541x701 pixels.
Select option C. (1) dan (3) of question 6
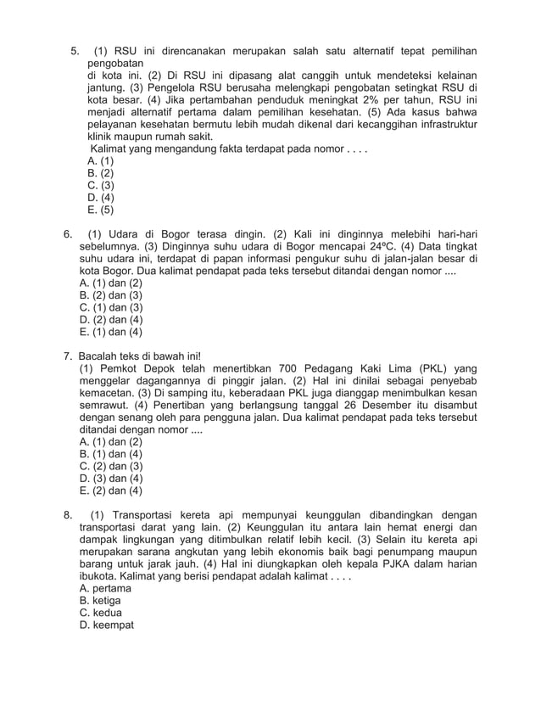tap(110, 307)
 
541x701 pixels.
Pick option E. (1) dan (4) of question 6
tap(110, 332)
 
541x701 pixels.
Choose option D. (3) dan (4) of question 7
tap(110, 478)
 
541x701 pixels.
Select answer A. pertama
tap(104, 587)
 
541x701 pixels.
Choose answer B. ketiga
tap(100, 600)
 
